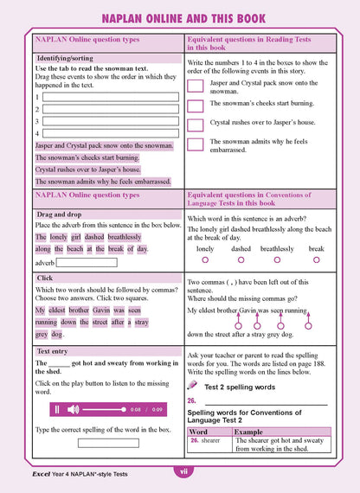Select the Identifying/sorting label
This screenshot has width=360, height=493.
[65, 58]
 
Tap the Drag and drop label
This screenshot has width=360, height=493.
[58, 213]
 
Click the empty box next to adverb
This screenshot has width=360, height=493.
[87, 262]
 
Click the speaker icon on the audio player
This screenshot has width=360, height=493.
[73, 409]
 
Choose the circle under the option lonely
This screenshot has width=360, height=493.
[205, 259]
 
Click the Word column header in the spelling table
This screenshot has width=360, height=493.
[198, 431]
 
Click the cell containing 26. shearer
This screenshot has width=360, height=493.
[208, 440]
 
